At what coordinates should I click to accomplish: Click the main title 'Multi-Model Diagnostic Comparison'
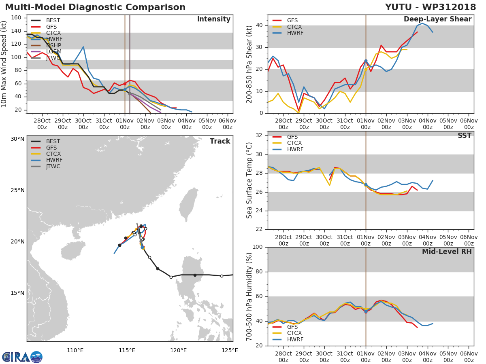click(95, 7)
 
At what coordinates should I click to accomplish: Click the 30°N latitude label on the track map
click(17, 139)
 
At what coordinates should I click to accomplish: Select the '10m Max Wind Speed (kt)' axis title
click(4, 64)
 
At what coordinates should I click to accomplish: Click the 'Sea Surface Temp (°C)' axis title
click(249, 180)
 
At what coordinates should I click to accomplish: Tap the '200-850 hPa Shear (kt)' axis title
click(249, 64)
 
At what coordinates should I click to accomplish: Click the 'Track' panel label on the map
click(220, 142)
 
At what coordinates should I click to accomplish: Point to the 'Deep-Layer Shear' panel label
click(437, 19)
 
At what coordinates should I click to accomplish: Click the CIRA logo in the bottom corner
click(22, 357)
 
